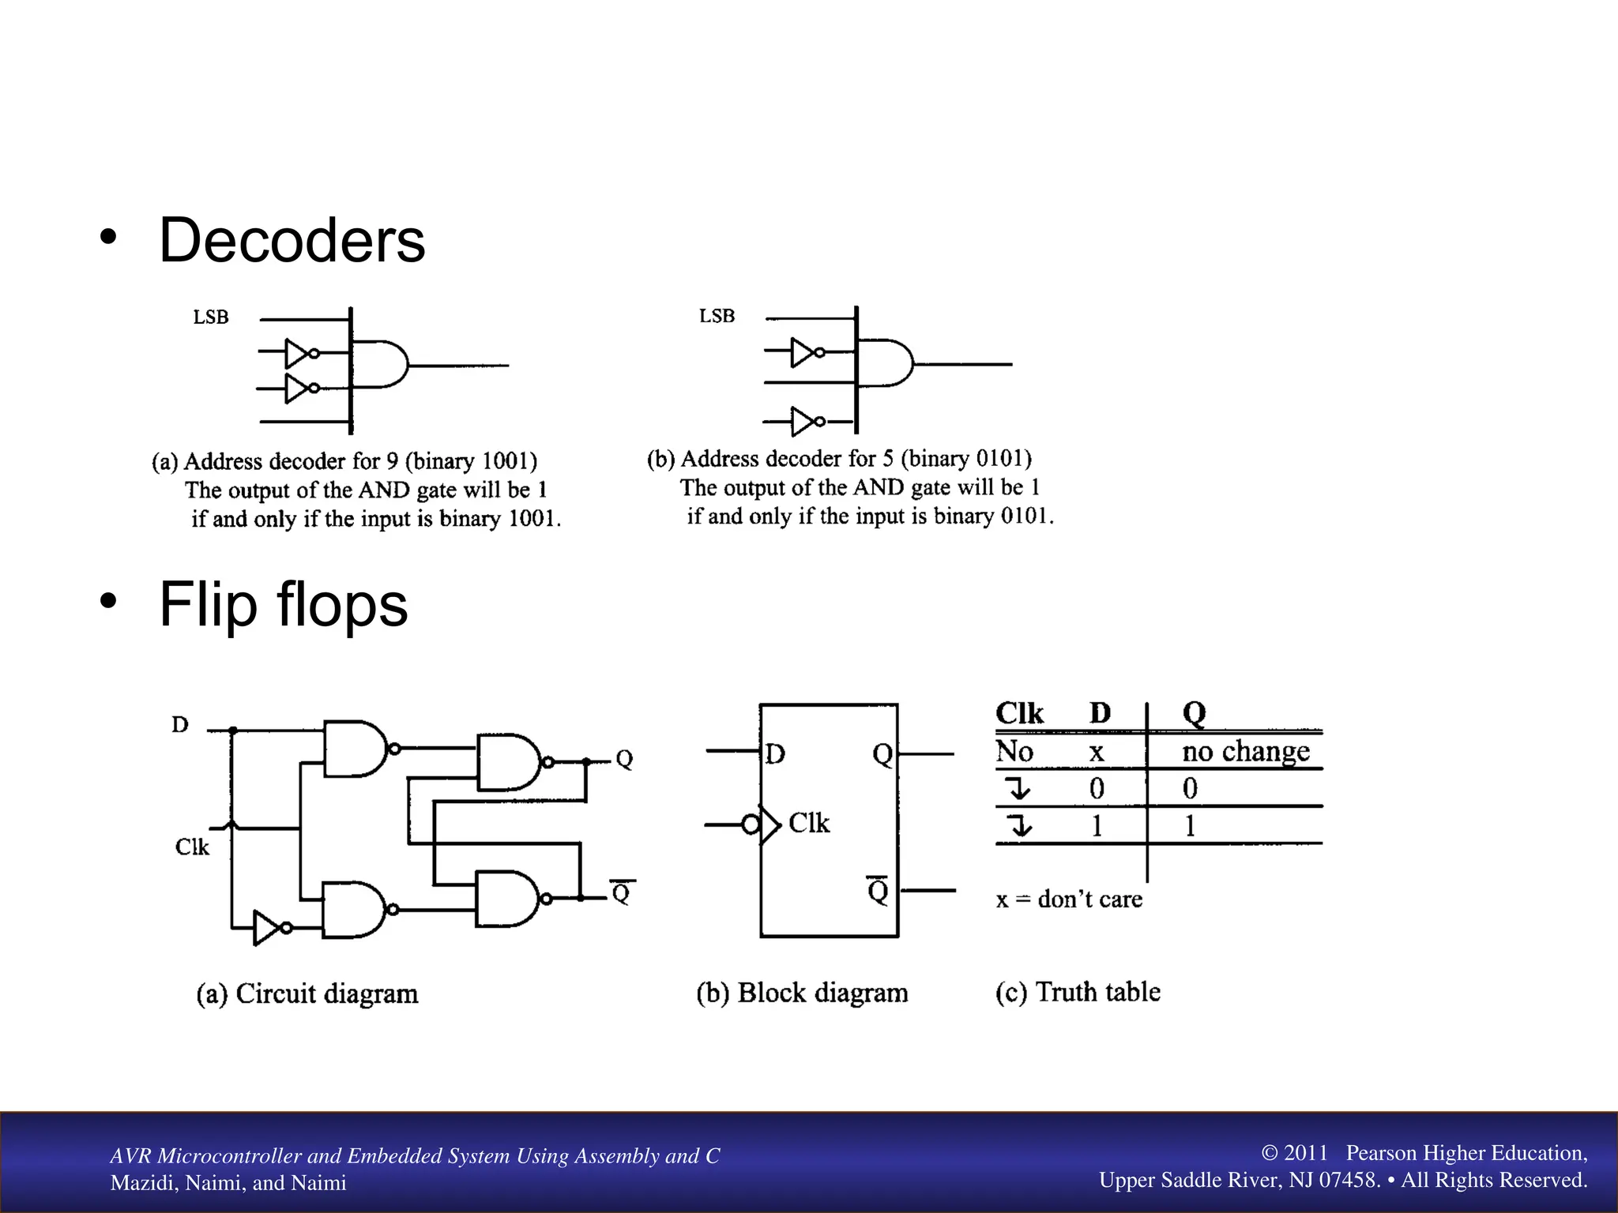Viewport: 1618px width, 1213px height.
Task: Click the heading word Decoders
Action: [292, 240]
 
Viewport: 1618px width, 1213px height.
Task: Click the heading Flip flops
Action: [283, 604]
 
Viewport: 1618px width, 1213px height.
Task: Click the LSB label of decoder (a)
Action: [211, 317]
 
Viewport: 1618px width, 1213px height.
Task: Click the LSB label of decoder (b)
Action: [717, 316]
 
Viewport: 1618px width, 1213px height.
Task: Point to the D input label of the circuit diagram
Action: [180, 725]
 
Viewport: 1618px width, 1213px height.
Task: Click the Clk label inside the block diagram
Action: [809, 823]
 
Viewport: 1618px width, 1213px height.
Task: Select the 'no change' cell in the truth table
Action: [1245, 751]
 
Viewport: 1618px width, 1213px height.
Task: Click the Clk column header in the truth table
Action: [1019, 713]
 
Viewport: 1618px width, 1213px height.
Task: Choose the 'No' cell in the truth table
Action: [1014, 751]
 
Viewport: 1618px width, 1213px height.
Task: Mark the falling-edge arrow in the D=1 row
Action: [1019, 826]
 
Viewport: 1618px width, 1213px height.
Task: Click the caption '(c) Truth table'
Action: [1078, 992]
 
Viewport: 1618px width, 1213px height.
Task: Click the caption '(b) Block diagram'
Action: [802, 993]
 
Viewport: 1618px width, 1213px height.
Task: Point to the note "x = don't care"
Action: [1069, 899]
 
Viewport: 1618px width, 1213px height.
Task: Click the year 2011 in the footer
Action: [1305, 1153]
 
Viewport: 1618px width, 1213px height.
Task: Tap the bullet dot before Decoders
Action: [108, 236]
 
